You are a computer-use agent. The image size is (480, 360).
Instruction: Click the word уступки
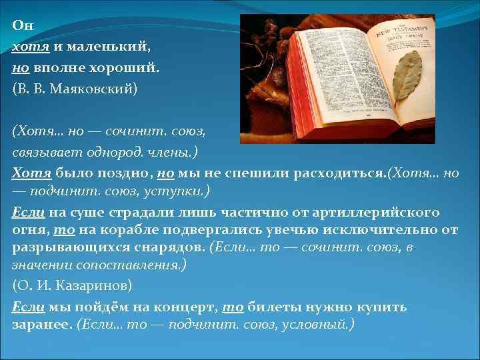point(178,192)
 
